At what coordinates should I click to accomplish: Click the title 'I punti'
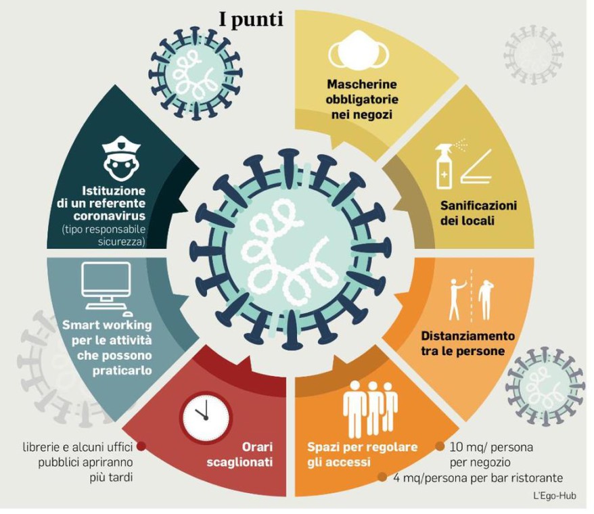(x=250, y=20)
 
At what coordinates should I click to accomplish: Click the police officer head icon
(x=120, y=157)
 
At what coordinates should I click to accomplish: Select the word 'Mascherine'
(x=362, y=86)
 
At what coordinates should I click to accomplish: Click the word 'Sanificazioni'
(x=478, y=205)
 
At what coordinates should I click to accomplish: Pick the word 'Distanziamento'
(x=468, y=335)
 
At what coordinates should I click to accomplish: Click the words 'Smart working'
(x=107, y=325)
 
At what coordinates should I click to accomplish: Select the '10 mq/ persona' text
(x=492, y=447)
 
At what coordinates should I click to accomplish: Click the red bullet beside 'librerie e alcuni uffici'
(x=141, y=446)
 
